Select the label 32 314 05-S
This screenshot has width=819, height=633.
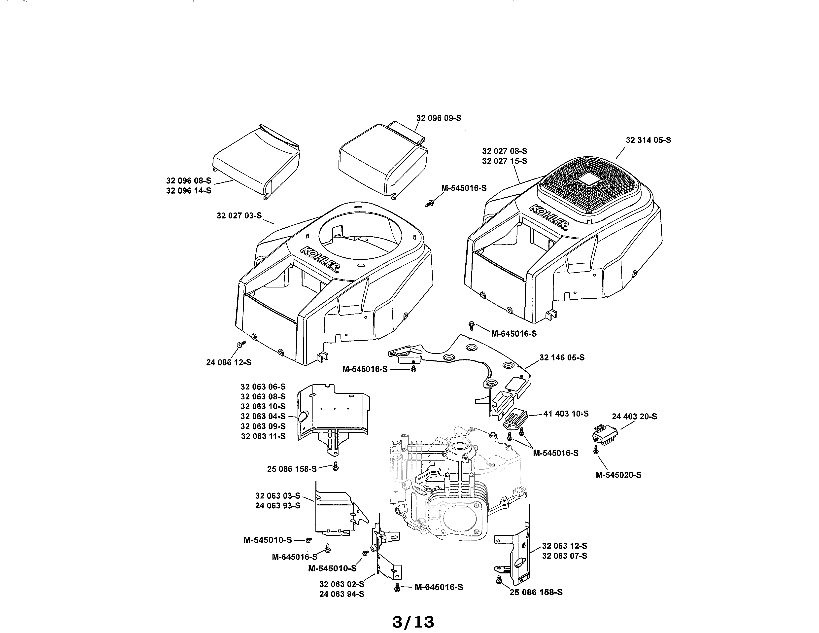648,140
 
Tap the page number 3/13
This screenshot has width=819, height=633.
413,622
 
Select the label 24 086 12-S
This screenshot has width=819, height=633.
228,363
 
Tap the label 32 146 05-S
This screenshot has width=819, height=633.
561,357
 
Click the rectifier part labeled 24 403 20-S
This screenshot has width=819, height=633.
605,436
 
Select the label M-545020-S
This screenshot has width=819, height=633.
618,475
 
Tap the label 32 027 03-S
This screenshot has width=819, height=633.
239,216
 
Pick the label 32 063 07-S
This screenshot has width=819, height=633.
564,556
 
